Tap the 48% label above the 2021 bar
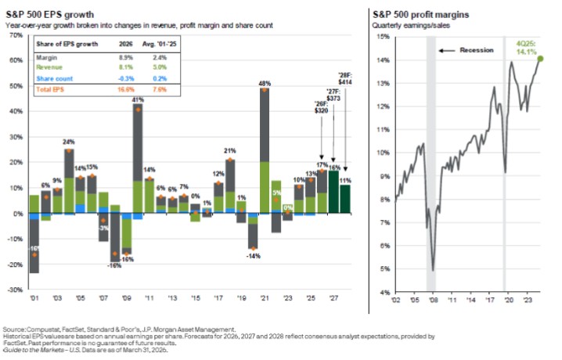(x=265, y=83)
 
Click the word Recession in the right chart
(x=477, y=50)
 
